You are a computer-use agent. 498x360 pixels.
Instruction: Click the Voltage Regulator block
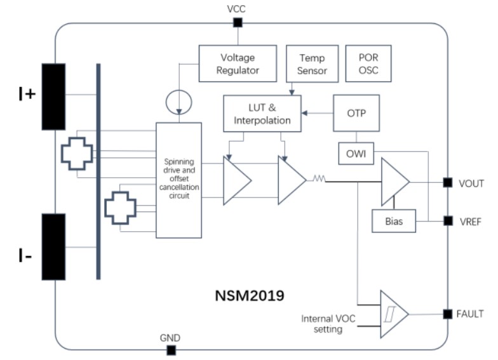point(238,63)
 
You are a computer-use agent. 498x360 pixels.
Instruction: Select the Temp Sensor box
point(312,63)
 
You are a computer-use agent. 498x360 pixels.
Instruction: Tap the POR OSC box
point(368,63)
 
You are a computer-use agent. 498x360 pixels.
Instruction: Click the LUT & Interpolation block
point(262,114)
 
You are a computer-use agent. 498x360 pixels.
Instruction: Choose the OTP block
point(356,113)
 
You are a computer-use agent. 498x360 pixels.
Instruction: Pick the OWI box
point(356,153)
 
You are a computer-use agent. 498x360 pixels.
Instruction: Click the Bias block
point(394,222)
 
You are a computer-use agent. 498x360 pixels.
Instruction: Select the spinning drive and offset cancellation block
point(178,180)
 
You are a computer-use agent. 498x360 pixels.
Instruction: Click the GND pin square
point(170,350)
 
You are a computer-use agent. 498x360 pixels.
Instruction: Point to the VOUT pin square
point(448,183)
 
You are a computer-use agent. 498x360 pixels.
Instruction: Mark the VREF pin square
point(448,221)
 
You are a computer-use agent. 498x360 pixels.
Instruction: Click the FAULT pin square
point(448,314)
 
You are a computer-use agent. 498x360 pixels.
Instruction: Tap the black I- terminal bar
point(53,246)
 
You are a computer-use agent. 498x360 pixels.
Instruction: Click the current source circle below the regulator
point(178,100)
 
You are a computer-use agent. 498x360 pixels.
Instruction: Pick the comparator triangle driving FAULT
point(392,314)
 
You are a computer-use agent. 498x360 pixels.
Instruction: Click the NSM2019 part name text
point(250,295)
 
